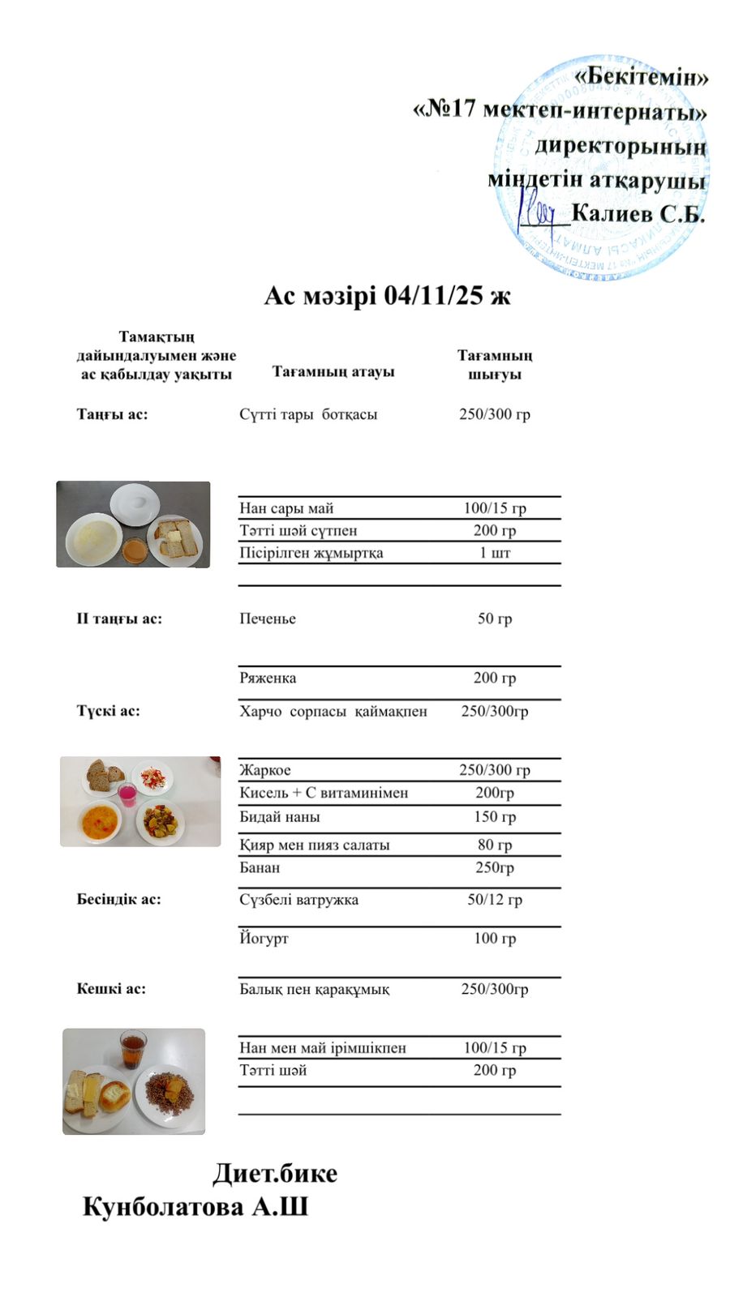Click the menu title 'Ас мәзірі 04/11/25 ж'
pyautogui.click(x=387, y=296)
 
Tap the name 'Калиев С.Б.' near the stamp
pyautogui.click(x=638, y=214)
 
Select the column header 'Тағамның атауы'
pyautogui.click(x=333, y=372)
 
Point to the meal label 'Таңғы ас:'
pyautogui.click(x=112, y=414)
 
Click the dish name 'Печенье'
pyautogui.click(x=268, y=619)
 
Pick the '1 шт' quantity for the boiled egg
pyautogui.click(x=495, y=553)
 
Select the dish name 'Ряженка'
pyautogui.click(x=268, y=678)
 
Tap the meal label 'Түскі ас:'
pyautogui.click(x=108, y=711)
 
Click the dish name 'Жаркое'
pyautogui.click(x=265, y=770)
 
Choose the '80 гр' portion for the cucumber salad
pyautogui.click(x=495, y=845)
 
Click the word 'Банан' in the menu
pyautogui.click(x=260, y=867)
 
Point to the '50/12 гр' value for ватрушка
pyautogui.click(x=495, y=900)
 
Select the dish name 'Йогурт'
pyautogui.click(x=264, y=939)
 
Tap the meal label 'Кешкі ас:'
pyautogui.click(x=111, y=989)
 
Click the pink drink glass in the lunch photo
pyautogui.click(x=127, y=794)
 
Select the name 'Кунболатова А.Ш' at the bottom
pyautogui.click(x=195, y=1207)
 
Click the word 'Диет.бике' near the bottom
pyautogui.click(x=275, y=1173)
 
